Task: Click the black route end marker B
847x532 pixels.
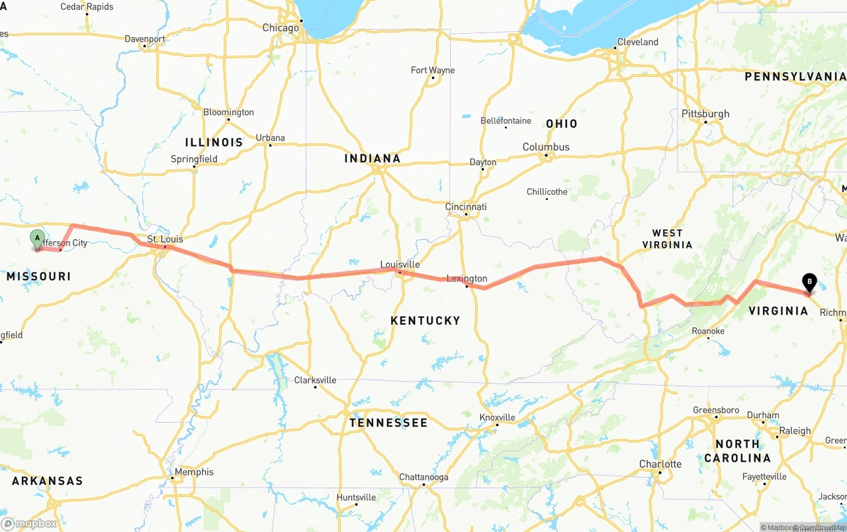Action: click(809, 282)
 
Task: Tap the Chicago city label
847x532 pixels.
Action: click(281, 28)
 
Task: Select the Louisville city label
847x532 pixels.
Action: click(400, 264)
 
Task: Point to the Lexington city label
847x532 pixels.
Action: click(467, 278)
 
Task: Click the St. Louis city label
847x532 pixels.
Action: click(165, 239)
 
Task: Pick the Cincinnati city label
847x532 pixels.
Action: click(466, 207)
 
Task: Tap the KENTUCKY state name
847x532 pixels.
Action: click(425, 321)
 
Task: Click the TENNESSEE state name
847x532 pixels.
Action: click(388, 423)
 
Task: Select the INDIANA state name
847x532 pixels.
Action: click(373, 158)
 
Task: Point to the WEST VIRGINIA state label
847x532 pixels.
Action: click(667, 239)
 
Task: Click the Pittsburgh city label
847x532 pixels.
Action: click(705, 114)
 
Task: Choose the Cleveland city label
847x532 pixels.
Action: click(637, 42)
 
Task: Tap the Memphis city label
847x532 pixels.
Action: click(195, 472)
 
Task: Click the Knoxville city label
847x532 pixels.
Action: click(497, 417)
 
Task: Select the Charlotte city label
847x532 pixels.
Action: click(660, 464)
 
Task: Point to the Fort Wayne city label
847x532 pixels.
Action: click(433, 70)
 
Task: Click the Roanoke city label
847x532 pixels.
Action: click(708, 331)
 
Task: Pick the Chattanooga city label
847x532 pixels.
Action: click(423, 477)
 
